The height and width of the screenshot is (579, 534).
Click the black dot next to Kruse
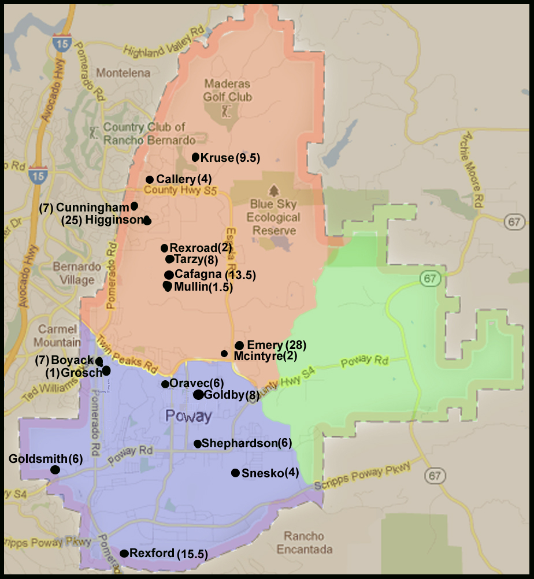coord(195,157)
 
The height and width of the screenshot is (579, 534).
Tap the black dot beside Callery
coord(150,180)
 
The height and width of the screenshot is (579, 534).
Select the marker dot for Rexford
coord(124,554)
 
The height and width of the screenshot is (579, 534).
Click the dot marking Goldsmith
coord(55,470)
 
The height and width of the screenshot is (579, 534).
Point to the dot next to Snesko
coord(235,473)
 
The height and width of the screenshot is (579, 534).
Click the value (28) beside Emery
coord(295,345)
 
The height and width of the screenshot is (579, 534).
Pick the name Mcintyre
coord(258,356)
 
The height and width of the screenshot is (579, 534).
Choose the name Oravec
coord(189,383)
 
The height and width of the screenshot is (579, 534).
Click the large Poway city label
coord(188,416)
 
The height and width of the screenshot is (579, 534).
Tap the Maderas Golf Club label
coord(228,91)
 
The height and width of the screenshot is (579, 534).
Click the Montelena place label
coord(123,73)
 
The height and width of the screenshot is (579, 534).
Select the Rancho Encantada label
coord(304,543)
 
